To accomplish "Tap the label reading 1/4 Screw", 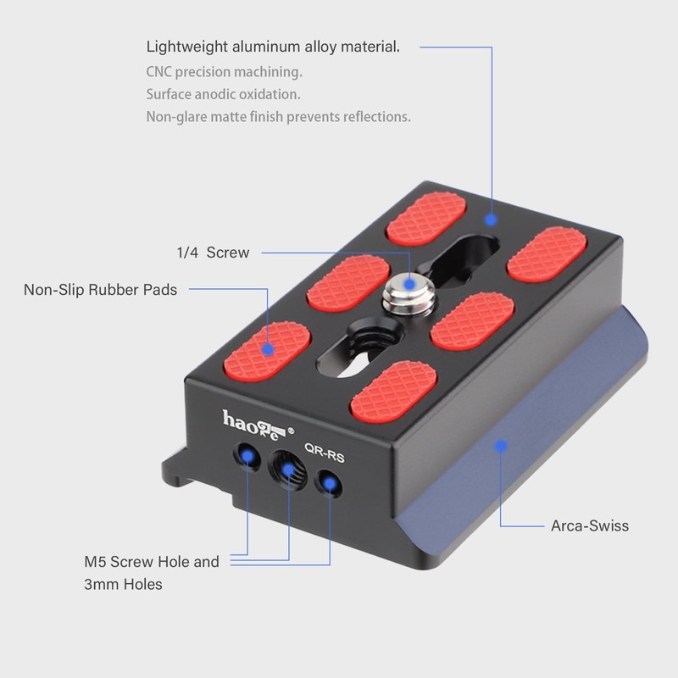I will (x=213, y=253).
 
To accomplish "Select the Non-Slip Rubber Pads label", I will (x=100, y=290).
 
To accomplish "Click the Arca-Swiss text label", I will (x=590, y=525).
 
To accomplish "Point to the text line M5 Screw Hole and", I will (x=151, y=561).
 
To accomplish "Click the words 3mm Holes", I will (x=123, y=584).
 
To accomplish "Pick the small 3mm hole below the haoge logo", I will (x=247, y=457).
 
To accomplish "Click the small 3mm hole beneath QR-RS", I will (x=328, y=485).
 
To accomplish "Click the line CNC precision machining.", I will (x=224, y=72).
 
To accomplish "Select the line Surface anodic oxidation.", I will (x=223, y=94).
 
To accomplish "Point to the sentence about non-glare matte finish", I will (x=278, y=117).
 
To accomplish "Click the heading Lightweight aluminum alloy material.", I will (x=273, y=47).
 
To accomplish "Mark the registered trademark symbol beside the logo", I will (x=292, y=431).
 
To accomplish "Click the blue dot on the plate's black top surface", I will (x=491, y=219).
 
